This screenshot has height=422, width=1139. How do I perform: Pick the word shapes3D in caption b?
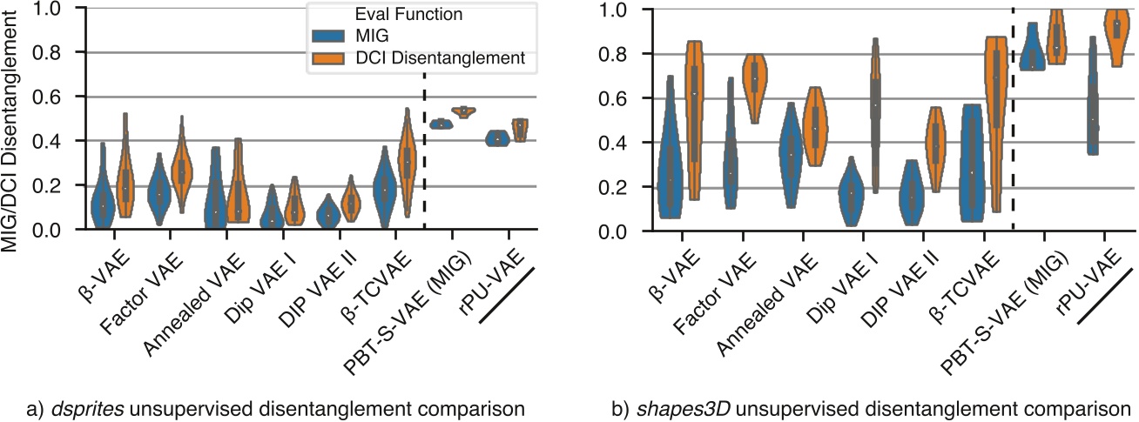coord(669,407)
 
